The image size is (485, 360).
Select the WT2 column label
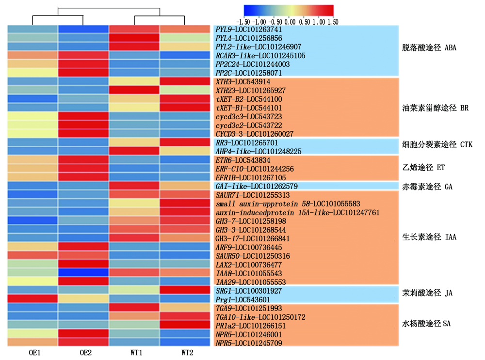point(187,353)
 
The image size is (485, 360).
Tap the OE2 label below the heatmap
point(84,353)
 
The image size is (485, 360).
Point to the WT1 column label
point(135,353)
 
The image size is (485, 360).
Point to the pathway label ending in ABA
point(429,48)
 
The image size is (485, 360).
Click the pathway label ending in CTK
point(437,144)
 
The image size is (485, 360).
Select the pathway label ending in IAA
point(429,237)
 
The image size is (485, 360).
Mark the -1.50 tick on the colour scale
point(242,22)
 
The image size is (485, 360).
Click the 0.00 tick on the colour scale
point(289,22)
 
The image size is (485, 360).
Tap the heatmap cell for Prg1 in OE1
point(32,299)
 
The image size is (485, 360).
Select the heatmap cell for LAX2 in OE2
point(83,265)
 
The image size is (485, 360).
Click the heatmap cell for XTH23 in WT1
point(134,91)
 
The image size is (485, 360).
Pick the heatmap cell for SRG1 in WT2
point(185,291)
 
